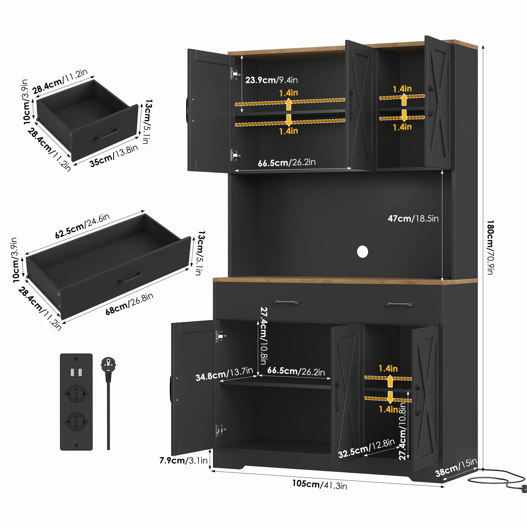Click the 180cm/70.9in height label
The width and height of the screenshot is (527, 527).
(490, 247)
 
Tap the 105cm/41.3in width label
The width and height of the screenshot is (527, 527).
(320, 485)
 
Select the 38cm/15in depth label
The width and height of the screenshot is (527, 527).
(456, 467)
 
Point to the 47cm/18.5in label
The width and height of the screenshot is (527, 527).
(413, 219)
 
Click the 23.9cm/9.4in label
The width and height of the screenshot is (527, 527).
(271, 80)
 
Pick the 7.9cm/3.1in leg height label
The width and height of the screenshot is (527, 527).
(184, 460)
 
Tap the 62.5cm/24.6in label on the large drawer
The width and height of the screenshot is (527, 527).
(82, 226)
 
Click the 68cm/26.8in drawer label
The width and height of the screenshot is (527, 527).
(129, 304)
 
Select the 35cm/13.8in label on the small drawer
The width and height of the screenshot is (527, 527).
(114, 155)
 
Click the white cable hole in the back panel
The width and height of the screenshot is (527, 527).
(362, 251)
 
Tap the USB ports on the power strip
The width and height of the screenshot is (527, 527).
(76, 372)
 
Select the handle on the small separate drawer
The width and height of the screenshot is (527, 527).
(107, 134)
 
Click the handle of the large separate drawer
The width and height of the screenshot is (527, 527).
(130, 278)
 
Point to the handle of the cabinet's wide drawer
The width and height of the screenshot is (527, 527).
(286, 302)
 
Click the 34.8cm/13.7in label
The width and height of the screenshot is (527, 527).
(224, 374)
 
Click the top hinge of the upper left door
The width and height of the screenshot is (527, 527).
(235, 74)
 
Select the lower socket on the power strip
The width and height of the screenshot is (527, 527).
(76, 421)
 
